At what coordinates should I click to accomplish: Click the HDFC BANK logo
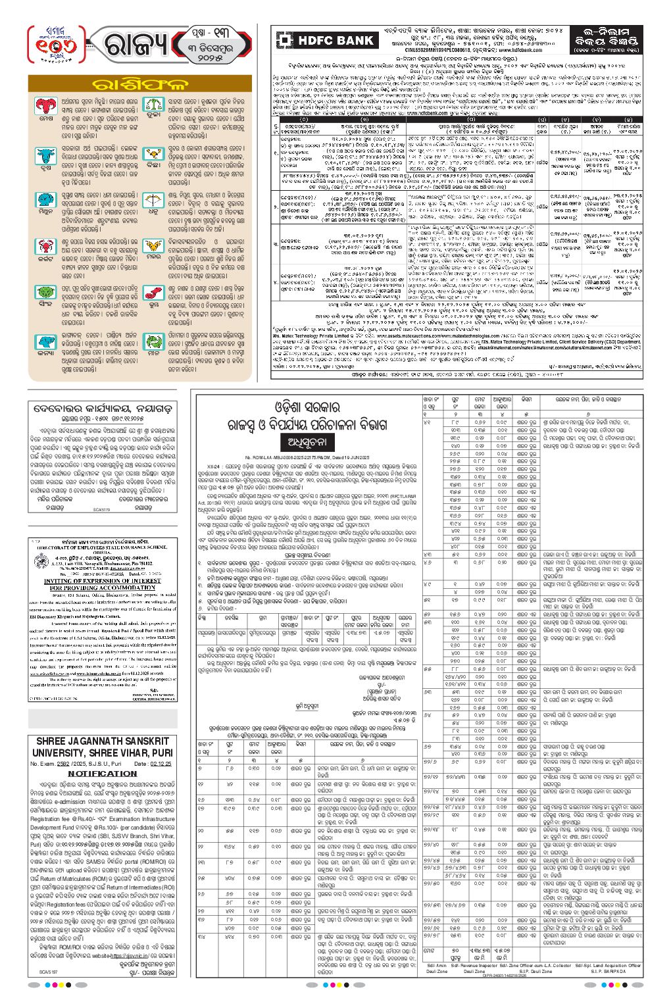327,40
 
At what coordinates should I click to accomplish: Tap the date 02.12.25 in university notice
153,764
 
